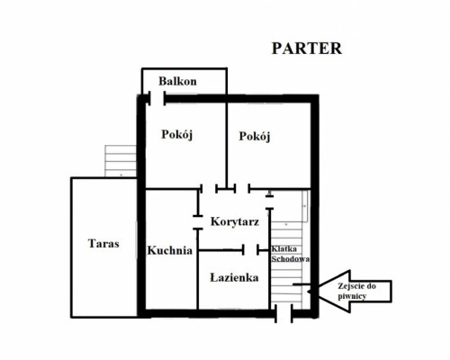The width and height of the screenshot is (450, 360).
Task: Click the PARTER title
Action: click(x=307, y=49)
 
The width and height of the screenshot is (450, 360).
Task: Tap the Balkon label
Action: click(x=177, y=81)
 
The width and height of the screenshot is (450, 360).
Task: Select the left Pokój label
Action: click(x=176, y=134)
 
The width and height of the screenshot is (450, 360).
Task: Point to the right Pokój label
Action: click(x=255, y=137)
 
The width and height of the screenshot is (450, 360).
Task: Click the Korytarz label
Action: click(x=235, y=222)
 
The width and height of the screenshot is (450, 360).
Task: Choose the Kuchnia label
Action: click(x=170, y=250)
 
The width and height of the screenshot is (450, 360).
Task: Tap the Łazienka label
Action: click(x=234, y=277)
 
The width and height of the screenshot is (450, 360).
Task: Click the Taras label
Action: click(x=103, y=243)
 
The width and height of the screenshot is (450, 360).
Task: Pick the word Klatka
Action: click(x=284, y=249)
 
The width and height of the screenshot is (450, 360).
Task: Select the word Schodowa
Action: click(x=291, y=259)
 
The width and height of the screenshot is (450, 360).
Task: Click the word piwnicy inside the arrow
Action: click(x=352, y=296)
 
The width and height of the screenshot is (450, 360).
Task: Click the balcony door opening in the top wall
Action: click(x=157, y=99)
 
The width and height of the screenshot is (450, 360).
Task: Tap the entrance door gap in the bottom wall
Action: click(x=283, y=314)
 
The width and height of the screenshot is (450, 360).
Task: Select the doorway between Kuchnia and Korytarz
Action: click(x=198, y=222)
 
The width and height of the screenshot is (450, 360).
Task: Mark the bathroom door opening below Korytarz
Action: click(x=250, y=249)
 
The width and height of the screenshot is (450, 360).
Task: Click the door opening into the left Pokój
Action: click(x=209, y=189)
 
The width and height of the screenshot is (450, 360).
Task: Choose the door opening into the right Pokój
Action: click(x=242, y=189)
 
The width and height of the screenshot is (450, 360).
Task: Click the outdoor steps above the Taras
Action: click(x=121, y=161)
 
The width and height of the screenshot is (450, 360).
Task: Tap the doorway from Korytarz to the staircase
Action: click(x=270, y=202)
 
